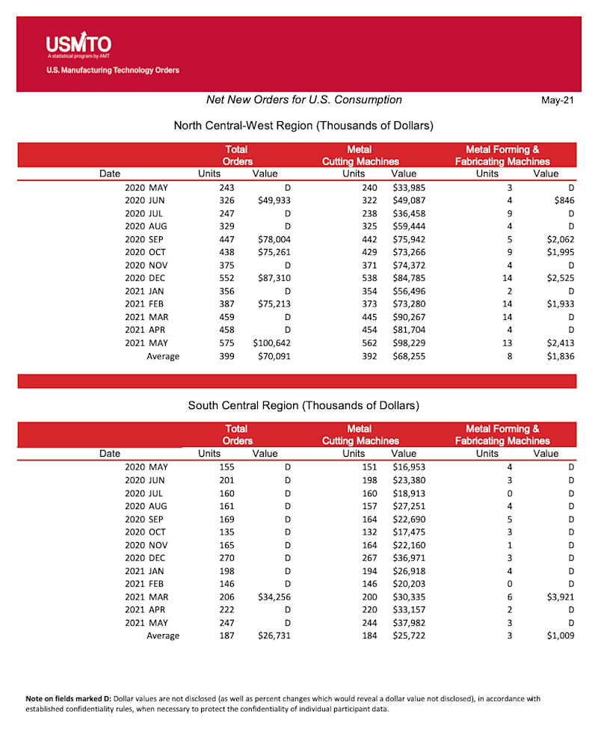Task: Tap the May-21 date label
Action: (557, 101)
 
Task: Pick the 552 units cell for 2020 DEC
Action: (224, 278)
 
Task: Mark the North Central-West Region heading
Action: (303, 126)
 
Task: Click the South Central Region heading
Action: (303, 405)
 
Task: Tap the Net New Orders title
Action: (303, 100)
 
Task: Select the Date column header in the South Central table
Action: (109, 453)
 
